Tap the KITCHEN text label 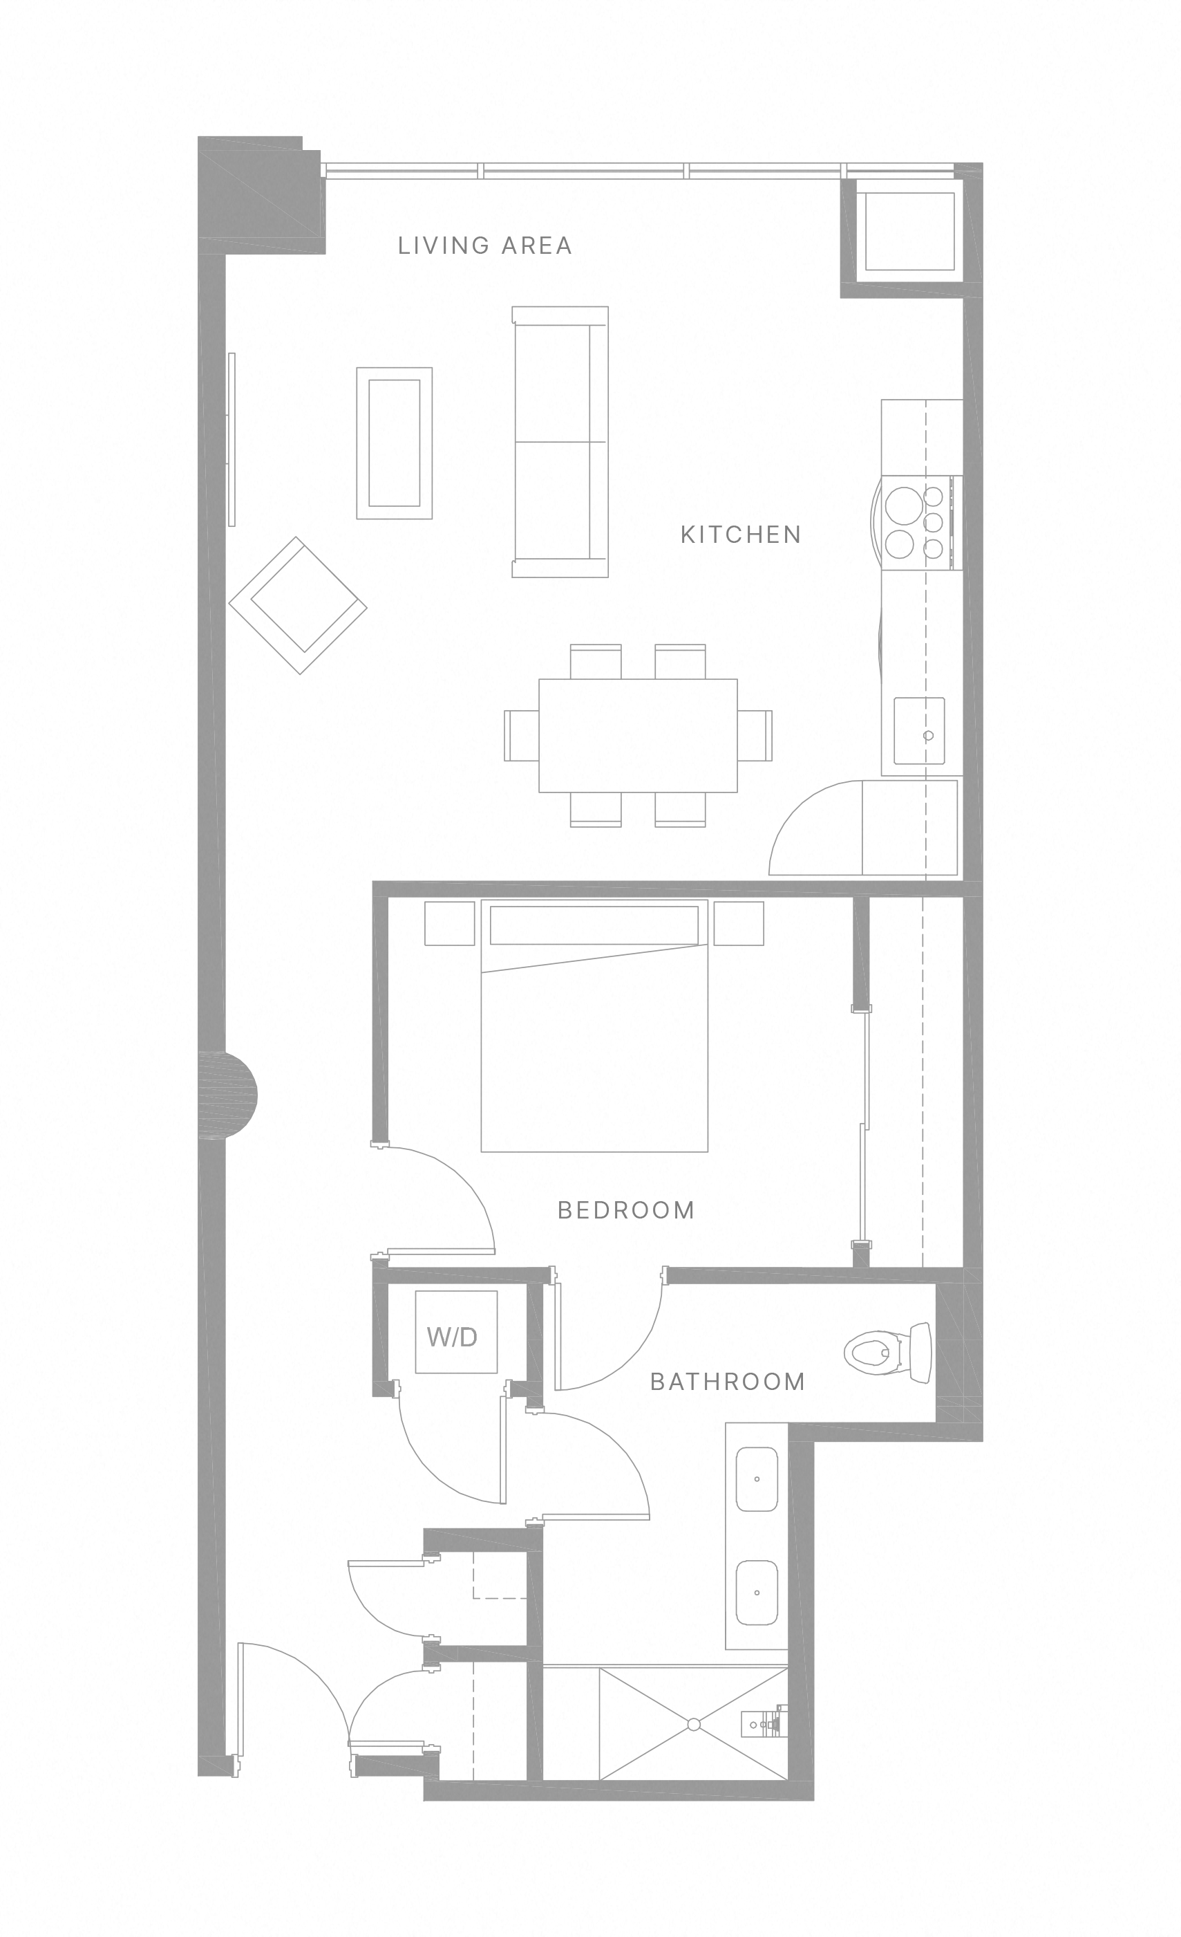pos(740,535)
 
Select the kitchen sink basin pos(918,730)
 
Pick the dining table pos(638,736)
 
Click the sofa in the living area pos(560,442)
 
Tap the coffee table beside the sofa pos(394,443)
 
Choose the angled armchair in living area pos(298,605)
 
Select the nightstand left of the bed pos(449,923)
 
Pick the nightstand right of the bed pos(739,923)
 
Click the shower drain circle pos(693,1725)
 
